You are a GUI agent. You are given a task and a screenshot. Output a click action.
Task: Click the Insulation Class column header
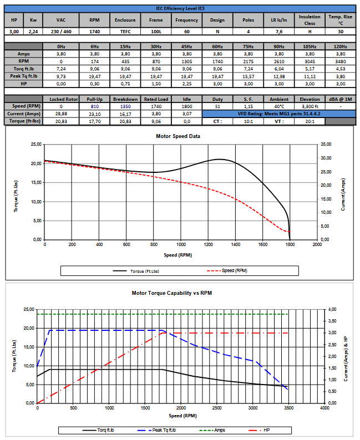[310, 19]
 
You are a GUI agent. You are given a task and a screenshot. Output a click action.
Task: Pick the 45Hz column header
[187, 47]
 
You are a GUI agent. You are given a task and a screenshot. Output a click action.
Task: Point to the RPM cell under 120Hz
[340, 61]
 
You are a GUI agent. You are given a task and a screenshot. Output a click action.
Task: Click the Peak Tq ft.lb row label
[24, 75]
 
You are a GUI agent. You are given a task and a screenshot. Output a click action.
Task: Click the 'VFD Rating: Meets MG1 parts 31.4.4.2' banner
[279, 112]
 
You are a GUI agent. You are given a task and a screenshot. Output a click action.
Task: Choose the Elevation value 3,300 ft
[310, 105]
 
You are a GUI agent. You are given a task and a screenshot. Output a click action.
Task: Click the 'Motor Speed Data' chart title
[179, 136]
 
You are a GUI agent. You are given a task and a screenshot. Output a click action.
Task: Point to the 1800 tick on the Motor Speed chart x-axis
[290, 244]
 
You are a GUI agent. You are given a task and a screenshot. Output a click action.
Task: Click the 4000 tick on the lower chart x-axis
[324, 408]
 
